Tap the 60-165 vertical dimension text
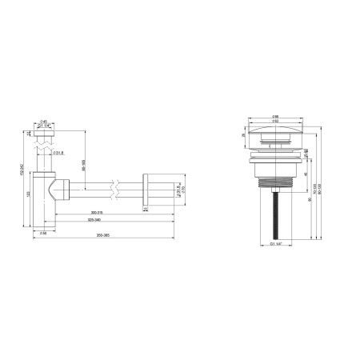[x=84, y=164]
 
